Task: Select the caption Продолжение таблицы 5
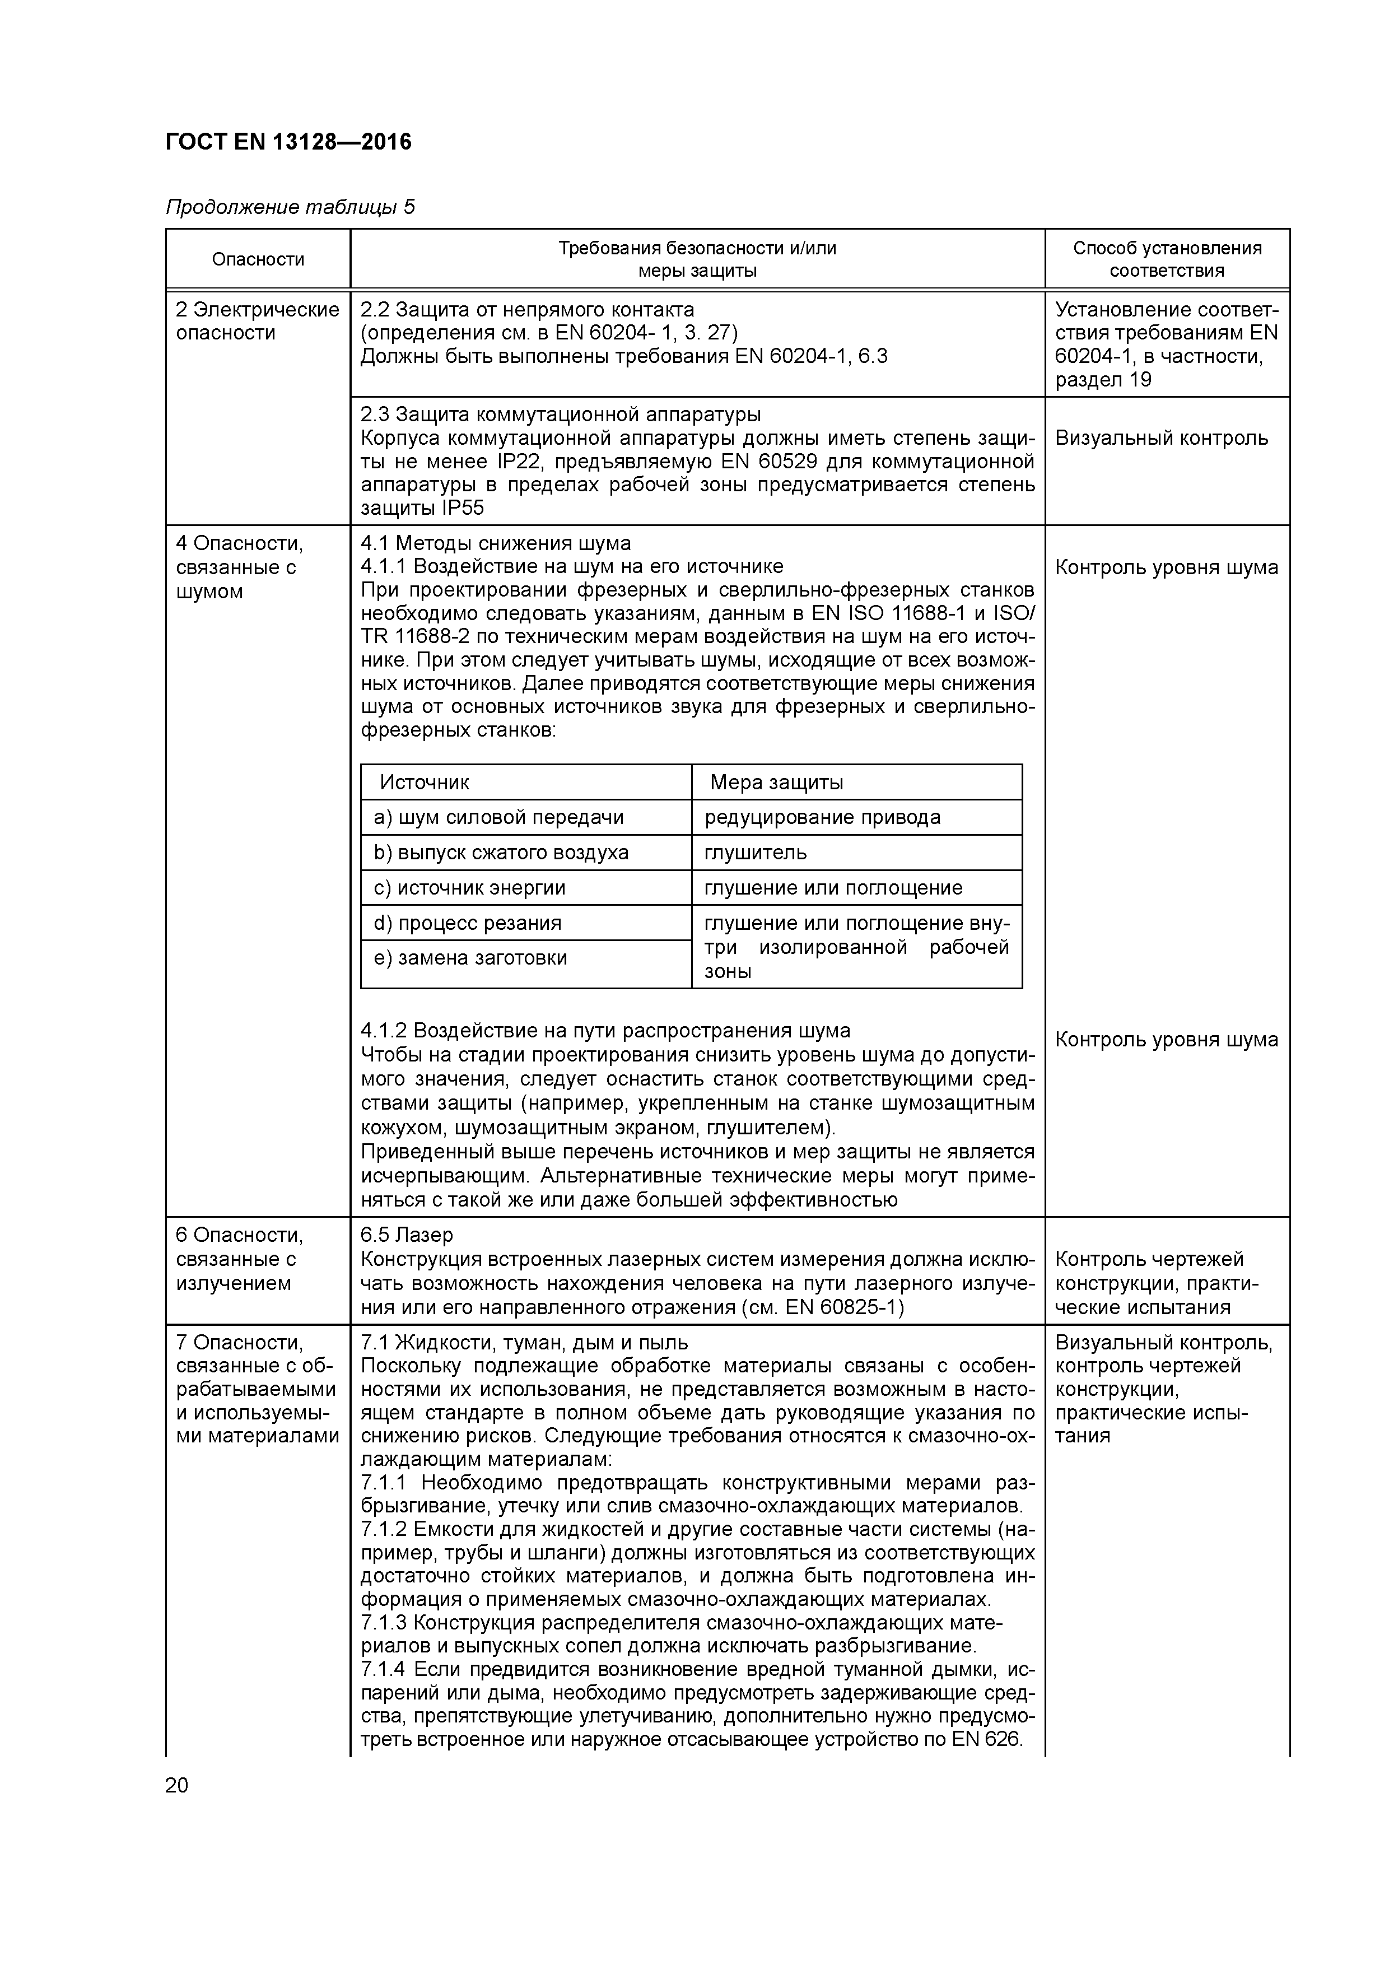pyautogui.click(x=289, y=207)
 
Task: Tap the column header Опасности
pyautogui.click(x=258, y=259)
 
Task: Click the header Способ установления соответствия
pyautogui.click(x=1167, y=259)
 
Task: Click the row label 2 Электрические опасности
pyautogui.click(x=257, y=322)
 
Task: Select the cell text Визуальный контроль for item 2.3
pyautogui.click(x=1160, y=438)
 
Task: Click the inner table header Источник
pyautogui.click(x=425, y=782)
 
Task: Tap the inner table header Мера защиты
pyautogui.click(x=776, y=782)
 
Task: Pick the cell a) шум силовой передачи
pyautogui.click(x=499, y=817)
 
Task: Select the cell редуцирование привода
pyautogui.click(x=822, y=817)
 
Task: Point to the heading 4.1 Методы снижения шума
pyautogui.click(x=496, y=543)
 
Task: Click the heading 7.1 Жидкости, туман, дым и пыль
pyautogui.click(x=524, y=1342)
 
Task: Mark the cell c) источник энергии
pyautogui.click(x=470, y=887)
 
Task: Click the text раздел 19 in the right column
pyautogui.click(x=1103, y=380)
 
